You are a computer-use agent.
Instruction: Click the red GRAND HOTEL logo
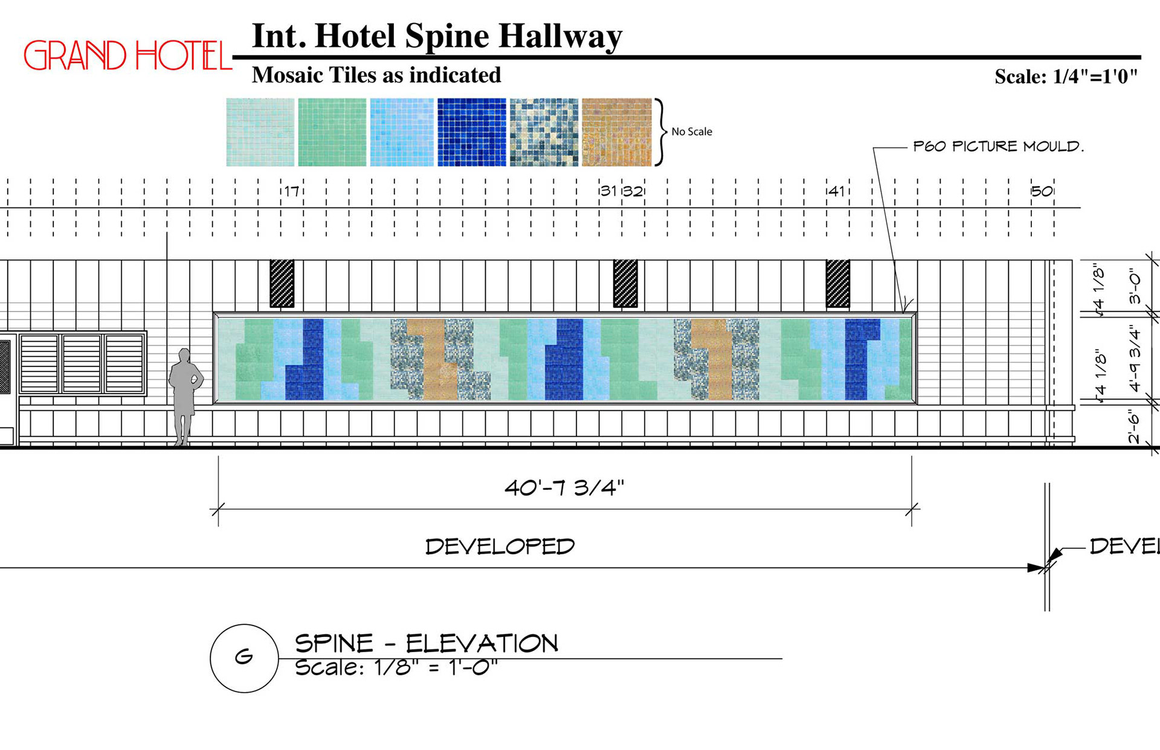(x=127, y=56)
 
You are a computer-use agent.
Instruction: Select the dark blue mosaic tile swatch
(x=471, y=132)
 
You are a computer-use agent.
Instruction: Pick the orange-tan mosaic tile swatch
(x=616, y=132)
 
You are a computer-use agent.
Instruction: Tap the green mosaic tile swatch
(x=332, y=132)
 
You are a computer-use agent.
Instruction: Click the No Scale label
(x=691, y=132)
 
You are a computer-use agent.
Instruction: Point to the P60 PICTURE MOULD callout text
(x=998, y=146)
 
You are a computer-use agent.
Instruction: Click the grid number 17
(x=292, y=191)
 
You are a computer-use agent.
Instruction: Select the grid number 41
(x=836, y=191)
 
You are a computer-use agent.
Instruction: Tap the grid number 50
(x=1042, y=191)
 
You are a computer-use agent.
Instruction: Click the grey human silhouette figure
(x=184, y=396)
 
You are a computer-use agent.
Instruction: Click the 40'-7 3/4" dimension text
(x=564, y=487)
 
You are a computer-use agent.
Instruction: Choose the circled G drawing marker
(x=244, y=658)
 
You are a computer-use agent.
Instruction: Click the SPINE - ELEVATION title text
(x=426, y=644)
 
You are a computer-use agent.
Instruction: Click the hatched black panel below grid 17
(x=282, y=283)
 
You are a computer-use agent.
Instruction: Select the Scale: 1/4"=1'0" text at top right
(x=1066, y=77)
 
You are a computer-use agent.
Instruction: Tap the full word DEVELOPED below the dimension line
(x=500, y=546)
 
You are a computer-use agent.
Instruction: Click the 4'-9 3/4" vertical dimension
(x=1135, y=359)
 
